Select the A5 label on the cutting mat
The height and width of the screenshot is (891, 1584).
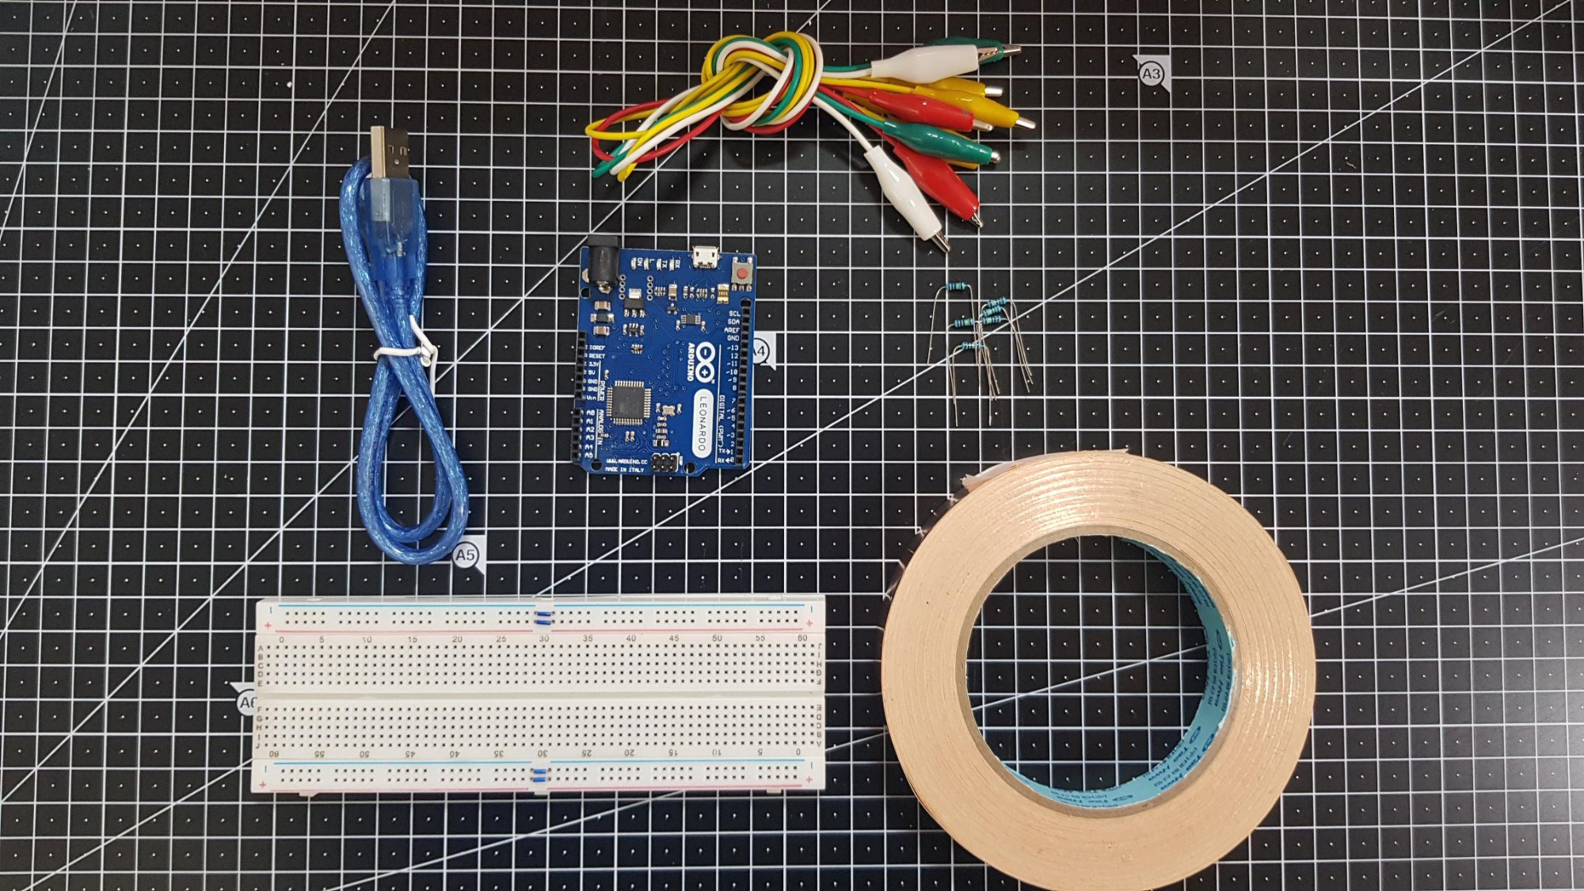tap(466, 555)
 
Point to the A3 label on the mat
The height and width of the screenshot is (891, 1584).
tap(1151, 74)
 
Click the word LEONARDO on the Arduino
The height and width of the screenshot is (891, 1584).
tap(702, 423)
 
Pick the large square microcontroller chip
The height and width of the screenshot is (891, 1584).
tap(631, 400)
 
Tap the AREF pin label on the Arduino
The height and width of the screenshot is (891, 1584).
tap(732, 330)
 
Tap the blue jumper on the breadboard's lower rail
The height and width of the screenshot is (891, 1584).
tap(540, 775)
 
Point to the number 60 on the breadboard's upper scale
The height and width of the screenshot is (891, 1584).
tap(802, 638)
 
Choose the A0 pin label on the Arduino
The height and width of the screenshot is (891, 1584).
tap(590, 413)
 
